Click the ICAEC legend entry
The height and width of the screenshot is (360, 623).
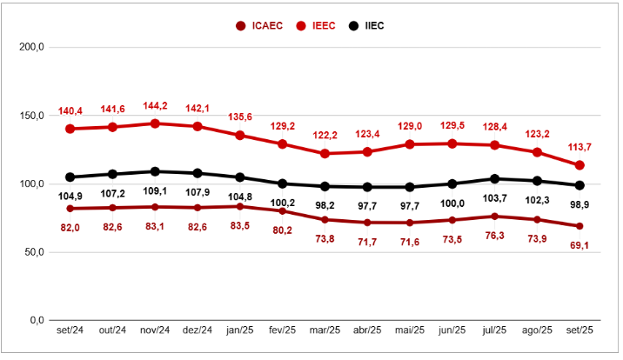pos(260,25)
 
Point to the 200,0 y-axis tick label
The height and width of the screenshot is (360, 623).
pos(32,47)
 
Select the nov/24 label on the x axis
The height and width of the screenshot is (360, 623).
pos(154,330)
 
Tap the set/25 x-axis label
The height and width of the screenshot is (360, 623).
pos(579,330)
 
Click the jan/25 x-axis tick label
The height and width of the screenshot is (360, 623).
pos(239,330)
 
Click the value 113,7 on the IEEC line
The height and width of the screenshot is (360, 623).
pos(579,146)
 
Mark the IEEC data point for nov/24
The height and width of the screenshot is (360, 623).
pos(155,123)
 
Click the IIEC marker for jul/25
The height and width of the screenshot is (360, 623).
pos(494,179)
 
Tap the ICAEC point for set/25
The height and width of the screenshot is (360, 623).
pos(579,226)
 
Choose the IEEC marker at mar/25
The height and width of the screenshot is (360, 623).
pos(325,153)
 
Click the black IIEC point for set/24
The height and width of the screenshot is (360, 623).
pos(70,177)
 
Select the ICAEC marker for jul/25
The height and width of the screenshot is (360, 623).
pos(494,217)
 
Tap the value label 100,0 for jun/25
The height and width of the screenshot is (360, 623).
pos(452,204)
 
